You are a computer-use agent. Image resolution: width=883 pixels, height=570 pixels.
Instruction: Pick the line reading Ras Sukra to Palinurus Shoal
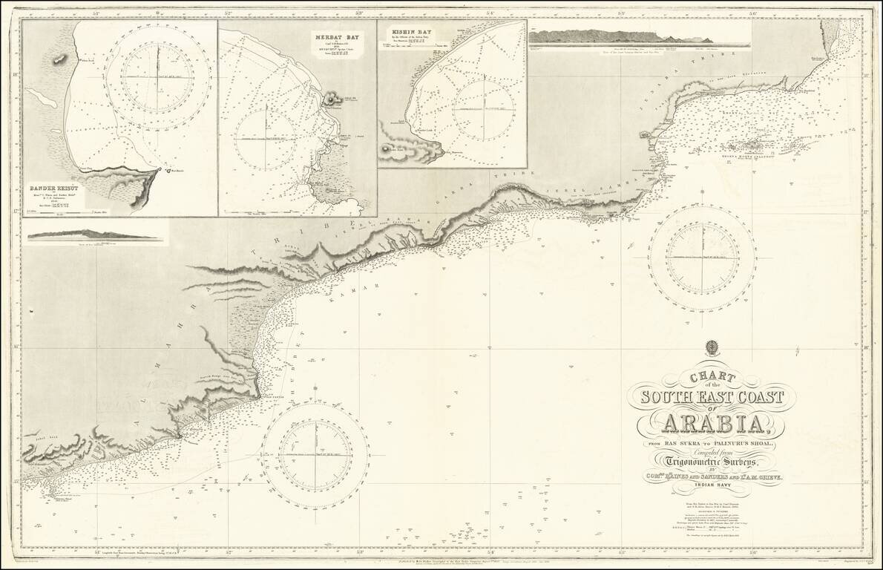(711, 444)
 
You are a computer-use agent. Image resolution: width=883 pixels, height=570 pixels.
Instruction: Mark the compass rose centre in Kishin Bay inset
(484, 109)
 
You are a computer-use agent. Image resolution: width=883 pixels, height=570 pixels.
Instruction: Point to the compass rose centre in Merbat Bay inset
(266, 138)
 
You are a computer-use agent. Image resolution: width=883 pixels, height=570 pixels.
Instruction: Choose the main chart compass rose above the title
(701, 257)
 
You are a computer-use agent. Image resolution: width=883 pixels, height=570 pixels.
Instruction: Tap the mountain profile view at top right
(638, 36)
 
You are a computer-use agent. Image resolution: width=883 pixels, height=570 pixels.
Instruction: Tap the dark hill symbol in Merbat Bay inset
(329, 99)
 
